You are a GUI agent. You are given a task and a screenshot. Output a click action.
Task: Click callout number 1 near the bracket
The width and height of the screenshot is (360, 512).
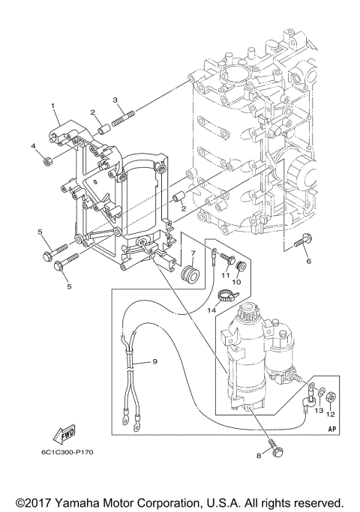pos(54,106)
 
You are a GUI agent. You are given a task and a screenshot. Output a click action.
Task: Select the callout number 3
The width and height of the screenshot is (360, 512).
pos(115,99)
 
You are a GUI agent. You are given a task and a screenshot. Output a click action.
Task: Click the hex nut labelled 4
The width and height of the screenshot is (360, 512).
pos(47,159)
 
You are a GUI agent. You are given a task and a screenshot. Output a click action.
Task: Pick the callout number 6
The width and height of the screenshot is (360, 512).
pos(306,261)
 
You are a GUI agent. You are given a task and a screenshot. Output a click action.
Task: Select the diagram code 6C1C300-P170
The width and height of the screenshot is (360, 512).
pos(63,452)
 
